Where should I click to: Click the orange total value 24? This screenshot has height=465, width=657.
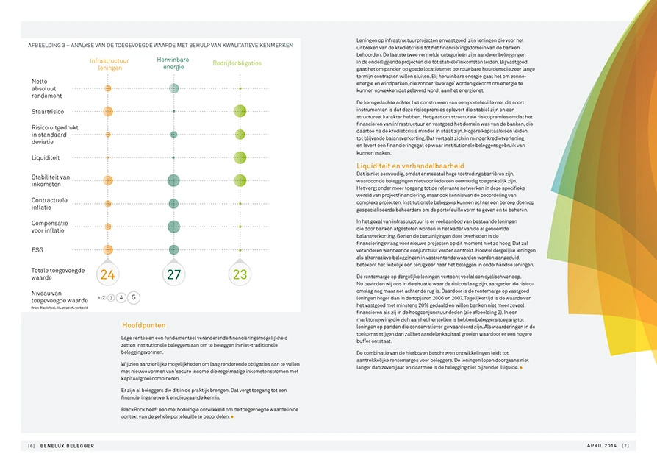coord(108,275)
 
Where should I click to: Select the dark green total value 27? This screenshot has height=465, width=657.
coord(173,275)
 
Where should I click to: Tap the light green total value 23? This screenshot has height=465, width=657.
coord(240,275)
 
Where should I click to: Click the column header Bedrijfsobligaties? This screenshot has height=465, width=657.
coord(237,63)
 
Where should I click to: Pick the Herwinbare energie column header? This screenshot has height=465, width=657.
coord(172,63)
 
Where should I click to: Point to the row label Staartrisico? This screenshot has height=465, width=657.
coord(47,110)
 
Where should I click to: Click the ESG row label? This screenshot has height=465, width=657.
coord(37,250)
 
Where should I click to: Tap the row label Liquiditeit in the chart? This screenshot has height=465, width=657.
coord(46,157)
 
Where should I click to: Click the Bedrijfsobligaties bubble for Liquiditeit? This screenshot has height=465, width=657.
coord(240,157)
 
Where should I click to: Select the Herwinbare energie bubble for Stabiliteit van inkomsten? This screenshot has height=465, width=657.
coord(173,180)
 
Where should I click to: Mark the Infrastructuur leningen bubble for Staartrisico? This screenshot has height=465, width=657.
coord(108,111)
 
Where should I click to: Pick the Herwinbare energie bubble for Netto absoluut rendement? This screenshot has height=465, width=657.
coord(173,88)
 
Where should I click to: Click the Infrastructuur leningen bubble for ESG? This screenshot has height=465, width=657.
coord(108,250)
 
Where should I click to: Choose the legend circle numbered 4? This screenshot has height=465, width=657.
coord(121,298)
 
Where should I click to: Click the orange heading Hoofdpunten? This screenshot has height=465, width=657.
coord(143,325)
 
